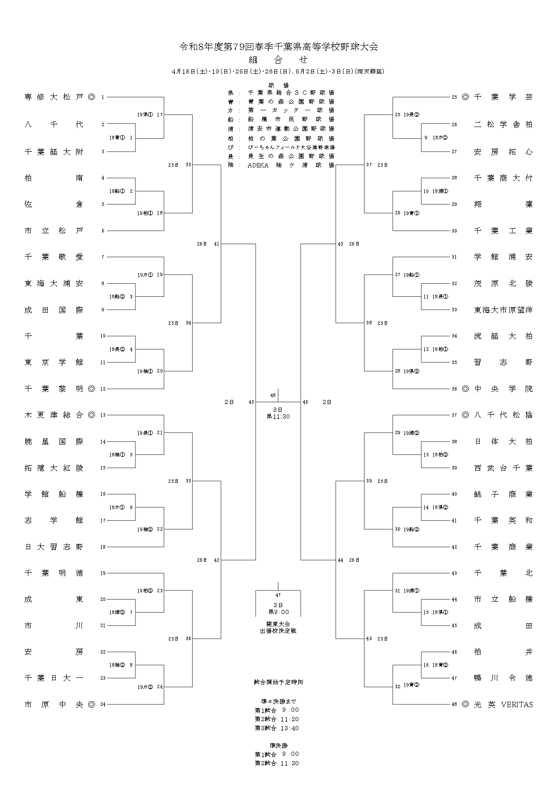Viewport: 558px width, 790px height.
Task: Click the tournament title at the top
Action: point(279,47)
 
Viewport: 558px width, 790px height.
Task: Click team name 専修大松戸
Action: point(54,97)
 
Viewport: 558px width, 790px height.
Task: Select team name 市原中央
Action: point(54,704)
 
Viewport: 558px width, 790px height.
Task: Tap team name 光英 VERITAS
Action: point(503,704)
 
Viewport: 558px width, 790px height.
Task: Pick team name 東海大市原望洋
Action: point(503,310)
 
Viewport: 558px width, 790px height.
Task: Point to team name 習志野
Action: point(503,362)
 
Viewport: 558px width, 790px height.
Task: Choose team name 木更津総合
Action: point(54,415)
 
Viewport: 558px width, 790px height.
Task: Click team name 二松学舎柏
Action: point(503,124)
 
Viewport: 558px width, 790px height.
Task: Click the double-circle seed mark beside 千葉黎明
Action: point(91,389)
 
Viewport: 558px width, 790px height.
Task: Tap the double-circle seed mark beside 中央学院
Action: point(465,389)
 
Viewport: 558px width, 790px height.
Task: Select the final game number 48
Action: point(273,395)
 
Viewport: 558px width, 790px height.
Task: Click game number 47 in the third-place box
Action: point(278,595)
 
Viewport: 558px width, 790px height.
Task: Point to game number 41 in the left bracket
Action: point(216,244)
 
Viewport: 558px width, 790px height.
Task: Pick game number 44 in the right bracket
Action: point(341,560)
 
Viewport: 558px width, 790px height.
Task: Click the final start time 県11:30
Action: point(279,417)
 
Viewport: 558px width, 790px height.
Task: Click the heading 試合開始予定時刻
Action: point(279,682)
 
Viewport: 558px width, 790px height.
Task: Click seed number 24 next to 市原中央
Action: point(103,704)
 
